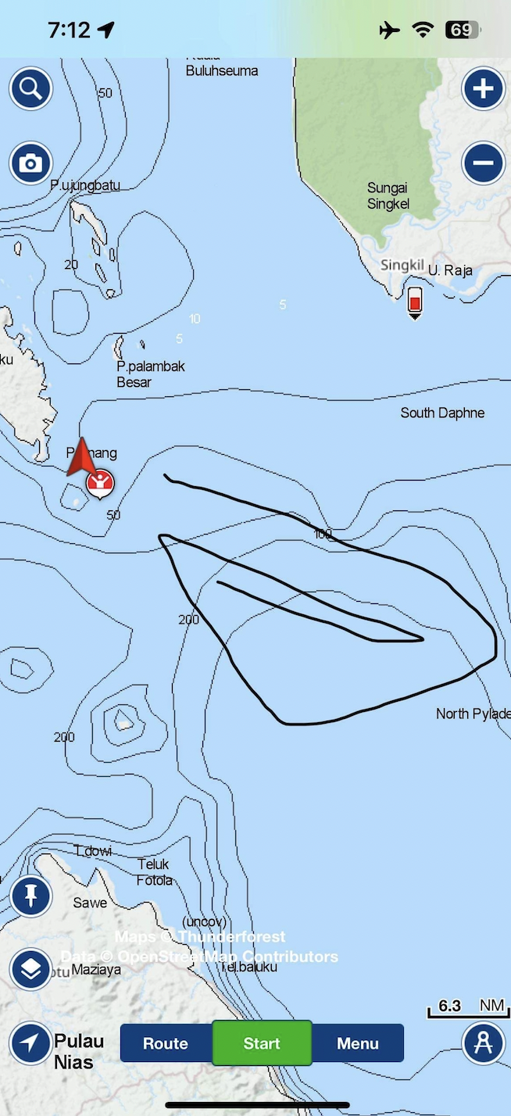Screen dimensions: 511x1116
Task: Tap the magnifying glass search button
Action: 30,88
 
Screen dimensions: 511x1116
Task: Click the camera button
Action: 30,163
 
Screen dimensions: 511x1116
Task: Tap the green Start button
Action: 262,1043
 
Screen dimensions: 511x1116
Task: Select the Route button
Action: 166,1043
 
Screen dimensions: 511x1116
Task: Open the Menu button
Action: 358,1043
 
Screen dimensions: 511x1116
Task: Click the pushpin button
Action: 30,896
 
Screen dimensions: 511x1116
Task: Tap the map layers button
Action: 30,969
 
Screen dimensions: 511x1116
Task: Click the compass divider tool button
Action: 483,1043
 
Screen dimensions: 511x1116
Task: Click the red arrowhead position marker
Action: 80,459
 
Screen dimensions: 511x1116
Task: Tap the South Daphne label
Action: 442,413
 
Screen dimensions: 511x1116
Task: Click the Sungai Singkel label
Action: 388,195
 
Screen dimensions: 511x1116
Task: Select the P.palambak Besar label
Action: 150,374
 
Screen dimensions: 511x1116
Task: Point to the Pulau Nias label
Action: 78,1051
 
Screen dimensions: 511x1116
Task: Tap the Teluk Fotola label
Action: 155,872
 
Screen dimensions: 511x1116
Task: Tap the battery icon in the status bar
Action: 462,30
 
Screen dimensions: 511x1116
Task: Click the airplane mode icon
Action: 389,30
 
